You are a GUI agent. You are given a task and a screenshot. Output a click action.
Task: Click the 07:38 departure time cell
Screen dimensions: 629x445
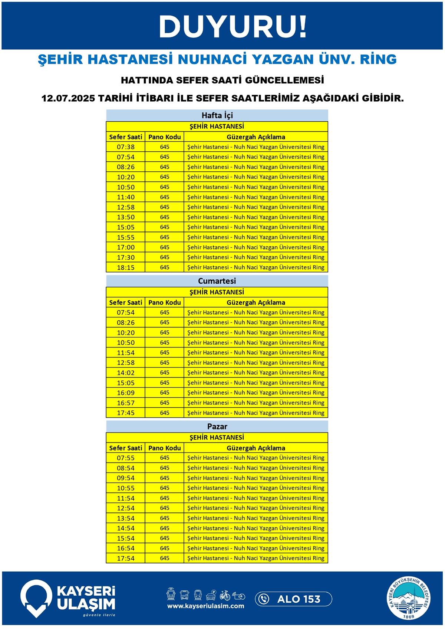126,147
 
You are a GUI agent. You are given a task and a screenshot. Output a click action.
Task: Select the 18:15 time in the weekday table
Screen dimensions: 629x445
126,267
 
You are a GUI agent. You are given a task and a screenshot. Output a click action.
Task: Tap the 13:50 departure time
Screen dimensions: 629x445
126,217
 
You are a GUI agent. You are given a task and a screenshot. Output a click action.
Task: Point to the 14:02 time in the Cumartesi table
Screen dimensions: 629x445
126,373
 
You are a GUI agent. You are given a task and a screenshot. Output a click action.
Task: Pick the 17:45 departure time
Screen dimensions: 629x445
126,413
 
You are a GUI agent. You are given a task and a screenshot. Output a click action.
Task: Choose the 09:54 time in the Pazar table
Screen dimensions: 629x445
126,478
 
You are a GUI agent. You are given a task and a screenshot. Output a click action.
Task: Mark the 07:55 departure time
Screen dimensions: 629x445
126,458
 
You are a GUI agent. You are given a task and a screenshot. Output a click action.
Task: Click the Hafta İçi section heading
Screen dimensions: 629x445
217,115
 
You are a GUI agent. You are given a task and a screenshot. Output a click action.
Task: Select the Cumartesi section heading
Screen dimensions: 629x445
217,281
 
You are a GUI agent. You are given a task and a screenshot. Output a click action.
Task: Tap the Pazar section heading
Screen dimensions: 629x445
217,427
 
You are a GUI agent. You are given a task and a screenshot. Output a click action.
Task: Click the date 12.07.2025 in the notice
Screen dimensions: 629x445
68,99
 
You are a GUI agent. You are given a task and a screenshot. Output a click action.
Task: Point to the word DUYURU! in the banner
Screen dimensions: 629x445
233,27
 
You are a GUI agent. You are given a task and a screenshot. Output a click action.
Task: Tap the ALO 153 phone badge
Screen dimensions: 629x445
293,599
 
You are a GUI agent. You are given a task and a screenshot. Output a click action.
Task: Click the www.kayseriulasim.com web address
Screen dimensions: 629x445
205,606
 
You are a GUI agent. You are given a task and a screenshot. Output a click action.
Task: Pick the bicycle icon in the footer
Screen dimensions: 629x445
225,595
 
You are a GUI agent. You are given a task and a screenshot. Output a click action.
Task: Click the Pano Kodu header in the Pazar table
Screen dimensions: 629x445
165,448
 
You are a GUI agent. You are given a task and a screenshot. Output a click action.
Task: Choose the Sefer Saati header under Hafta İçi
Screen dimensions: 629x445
126,137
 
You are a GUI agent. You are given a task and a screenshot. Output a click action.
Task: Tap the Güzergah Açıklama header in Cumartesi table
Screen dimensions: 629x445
256,302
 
